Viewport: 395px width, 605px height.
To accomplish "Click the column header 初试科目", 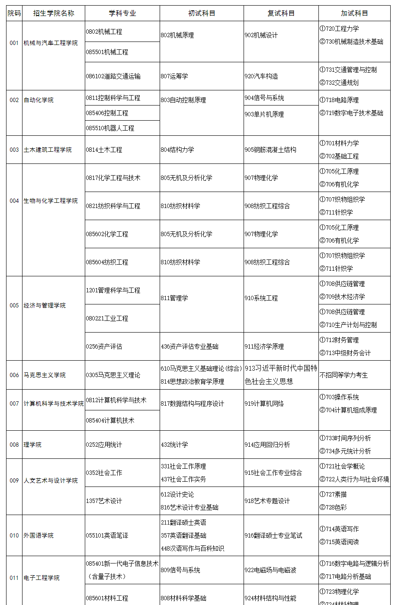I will click(202, 13).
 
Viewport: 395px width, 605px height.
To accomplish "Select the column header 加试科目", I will click(354, 13).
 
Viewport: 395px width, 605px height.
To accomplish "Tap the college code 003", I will click(14, 150).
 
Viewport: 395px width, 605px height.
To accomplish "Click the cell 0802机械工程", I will click(104, 32).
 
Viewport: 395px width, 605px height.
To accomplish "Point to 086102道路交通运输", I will click(113, 76).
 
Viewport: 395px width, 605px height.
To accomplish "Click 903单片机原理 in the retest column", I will click(264, 114).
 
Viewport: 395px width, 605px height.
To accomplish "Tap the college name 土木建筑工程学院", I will click(48, 150).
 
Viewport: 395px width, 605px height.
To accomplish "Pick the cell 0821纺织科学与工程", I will click(113, 206).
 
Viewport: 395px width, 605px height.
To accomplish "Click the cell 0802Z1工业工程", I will click(107, 318).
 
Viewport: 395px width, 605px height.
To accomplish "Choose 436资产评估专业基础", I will click(189, 346).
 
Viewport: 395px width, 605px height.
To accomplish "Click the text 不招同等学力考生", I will click(344, 375).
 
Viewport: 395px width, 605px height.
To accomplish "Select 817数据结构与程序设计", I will click(192, 403).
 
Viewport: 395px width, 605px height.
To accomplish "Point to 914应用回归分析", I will click(267, 445).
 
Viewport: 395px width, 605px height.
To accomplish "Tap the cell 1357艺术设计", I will click(104, 501).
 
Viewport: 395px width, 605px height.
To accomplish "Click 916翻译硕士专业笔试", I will click(273, 535).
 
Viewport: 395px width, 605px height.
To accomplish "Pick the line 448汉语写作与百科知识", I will click(192, 548).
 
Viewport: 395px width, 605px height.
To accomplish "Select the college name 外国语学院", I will click(39, 535).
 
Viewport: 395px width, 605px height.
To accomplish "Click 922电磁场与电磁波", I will click(270, 570).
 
